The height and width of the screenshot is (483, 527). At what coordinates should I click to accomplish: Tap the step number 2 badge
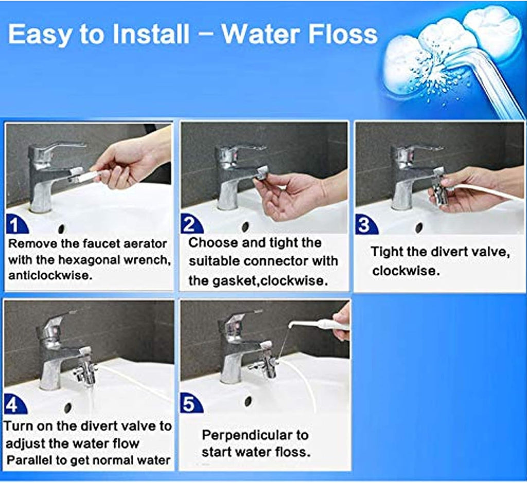tap(190, 225)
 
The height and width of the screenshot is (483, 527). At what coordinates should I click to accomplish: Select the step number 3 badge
tap(366, 225)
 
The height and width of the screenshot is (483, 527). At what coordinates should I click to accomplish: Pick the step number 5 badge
tap(190, 404)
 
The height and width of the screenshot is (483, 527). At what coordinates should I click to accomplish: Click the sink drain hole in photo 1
tap(61, 228)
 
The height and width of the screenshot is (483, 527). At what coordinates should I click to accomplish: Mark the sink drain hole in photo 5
tap(249, 401)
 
